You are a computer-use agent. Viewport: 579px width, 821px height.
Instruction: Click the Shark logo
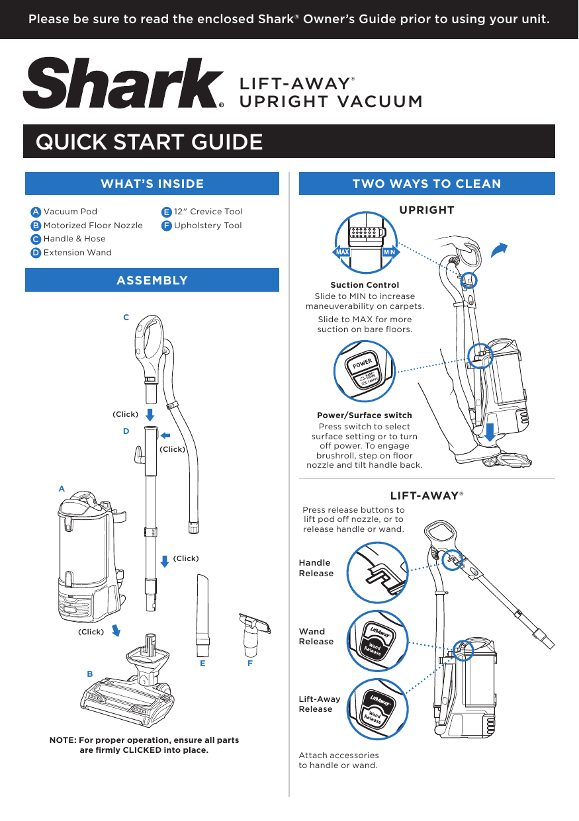click(123, 83)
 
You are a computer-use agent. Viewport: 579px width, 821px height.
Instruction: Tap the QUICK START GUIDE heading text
click(150, 142)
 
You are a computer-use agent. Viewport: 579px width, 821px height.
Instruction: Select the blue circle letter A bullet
click(36, 212)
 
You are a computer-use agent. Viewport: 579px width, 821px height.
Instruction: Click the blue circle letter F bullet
click(167, 226)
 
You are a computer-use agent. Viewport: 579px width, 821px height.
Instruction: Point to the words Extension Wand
click(77, 253)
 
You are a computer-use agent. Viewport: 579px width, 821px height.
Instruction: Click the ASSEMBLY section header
click(152, 281)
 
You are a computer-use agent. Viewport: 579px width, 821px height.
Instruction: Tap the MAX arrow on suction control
click(341, 252)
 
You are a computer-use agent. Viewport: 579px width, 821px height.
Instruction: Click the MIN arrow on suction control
click(390, 252)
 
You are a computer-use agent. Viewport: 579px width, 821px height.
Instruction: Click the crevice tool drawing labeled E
click(202, 616)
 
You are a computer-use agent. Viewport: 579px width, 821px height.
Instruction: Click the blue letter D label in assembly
click(126, 431)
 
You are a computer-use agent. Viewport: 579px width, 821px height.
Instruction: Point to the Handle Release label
click(316, 568)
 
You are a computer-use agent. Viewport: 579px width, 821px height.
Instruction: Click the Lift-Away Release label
click(320, 704)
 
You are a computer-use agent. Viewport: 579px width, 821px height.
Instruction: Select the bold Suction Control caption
click(365, 285)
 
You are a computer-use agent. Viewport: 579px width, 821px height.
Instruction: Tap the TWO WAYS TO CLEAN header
click(427, 184)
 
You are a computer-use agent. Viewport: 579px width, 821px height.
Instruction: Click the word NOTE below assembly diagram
click(63, 740)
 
